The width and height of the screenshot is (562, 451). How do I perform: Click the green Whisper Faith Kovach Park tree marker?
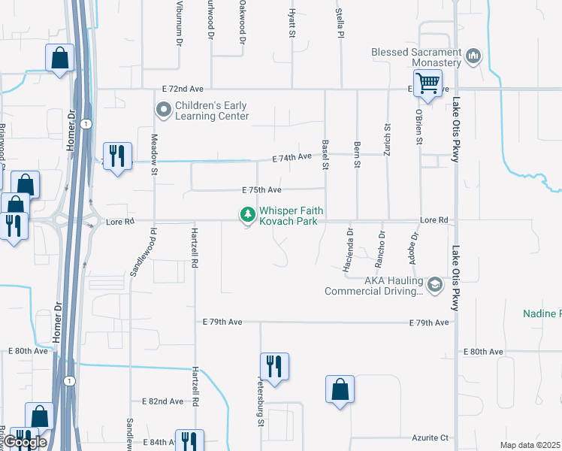(246, 215)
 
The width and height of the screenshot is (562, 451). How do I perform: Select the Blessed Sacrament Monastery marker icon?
(473, 57)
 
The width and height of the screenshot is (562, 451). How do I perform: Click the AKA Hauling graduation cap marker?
(434, 285)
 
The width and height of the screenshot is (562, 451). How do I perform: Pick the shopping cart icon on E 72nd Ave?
(428, 83)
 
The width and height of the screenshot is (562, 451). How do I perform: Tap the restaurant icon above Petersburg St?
(274, 366)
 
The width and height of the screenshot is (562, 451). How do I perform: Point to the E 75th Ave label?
(261, 191)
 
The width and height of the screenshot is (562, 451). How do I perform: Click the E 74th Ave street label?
(292, 157)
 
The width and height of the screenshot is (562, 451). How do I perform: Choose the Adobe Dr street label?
(414, 245)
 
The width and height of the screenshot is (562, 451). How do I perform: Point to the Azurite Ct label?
(430, 437)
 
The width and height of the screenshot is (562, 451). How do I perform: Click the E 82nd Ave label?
(163, 401)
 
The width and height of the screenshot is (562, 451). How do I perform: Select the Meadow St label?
(154, 153)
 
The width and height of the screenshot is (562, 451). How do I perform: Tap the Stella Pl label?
(340, 23)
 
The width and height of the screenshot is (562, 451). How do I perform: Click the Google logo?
(26, 442)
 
